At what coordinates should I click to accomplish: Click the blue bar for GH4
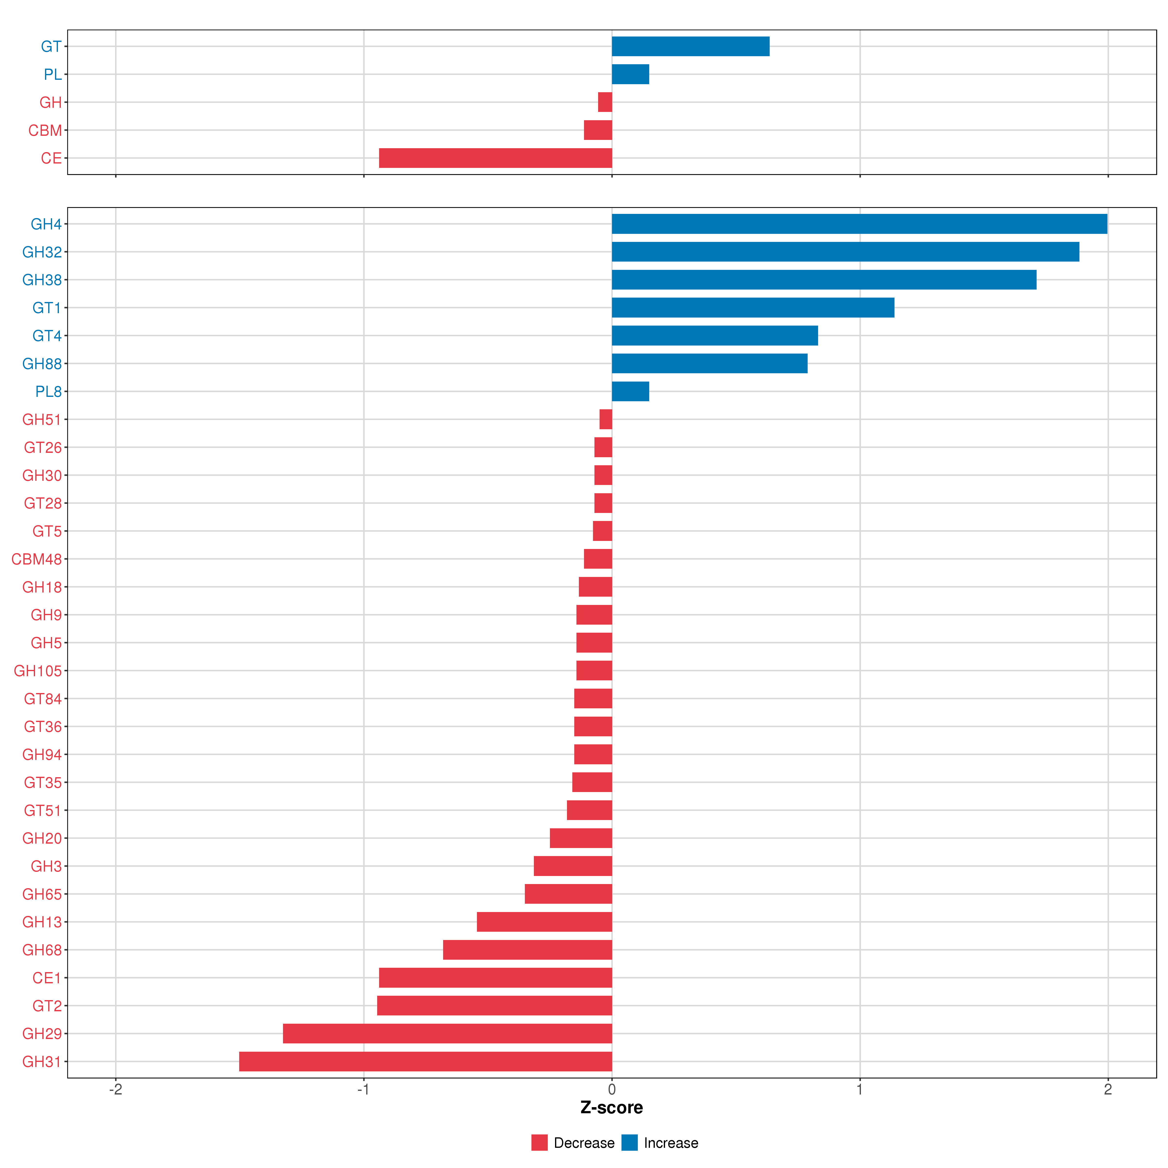(x=858, y=224)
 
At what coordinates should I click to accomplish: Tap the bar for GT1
(x=753, y=308)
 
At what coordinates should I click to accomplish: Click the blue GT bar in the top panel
(x=690, y=46)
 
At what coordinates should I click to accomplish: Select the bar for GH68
(x=527, y=950)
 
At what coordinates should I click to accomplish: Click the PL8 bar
(x=630, y=391)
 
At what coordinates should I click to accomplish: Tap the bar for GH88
(x=709, y=363)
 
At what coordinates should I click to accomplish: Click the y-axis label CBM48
(x=36, y=559)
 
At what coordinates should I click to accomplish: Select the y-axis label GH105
(x=37, y=671)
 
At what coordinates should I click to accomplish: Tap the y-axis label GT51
(x=42, y=810)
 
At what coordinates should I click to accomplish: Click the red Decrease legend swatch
(x=539, y=1143)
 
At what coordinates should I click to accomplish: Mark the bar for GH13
(x=544, y=922)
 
